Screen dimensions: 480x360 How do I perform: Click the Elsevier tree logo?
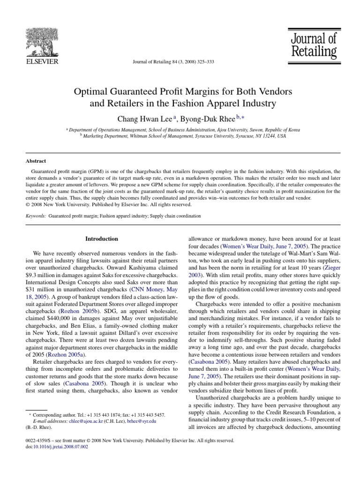pyautogui.click(x=42, y=39)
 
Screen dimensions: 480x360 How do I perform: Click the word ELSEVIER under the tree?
pyautogui.click(x=42, y=61)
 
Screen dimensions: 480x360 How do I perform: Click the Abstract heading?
pyautogui.click(x=36, y=160)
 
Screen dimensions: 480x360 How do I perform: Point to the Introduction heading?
pyautogui.click(x=102, y=239)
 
